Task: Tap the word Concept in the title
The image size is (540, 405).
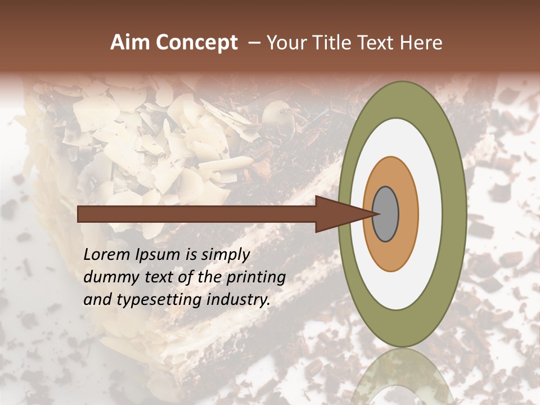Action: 196,43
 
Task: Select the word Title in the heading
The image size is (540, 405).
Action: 330,43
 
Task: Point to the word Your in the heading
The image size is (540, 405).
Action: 285,43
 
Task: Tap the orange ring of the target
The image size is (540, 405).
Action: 408,214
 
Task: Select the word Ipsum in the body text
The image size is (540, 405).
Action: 156,255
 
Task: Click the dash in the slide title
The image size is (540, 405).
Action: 253,43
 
